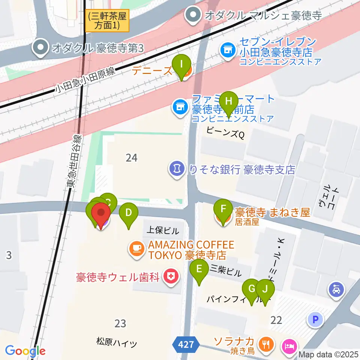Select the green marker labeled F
coord(223,208)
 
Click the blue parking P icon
coord(315,319)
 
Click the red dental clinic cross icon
coord(171,277)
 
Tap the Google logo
coord(25,351)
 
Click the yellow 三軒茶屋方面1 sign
coord(107,21)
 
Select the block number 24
coord(131,158)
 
